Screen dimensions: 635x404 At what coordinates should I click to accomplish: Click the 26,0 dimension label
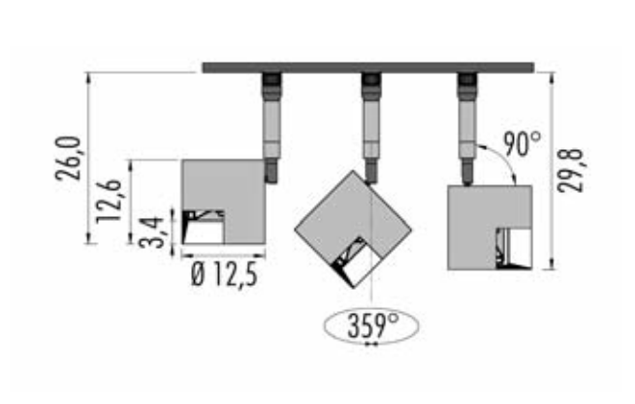69,158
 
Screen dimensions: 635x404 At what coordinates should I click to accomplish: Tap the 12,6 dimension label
110,201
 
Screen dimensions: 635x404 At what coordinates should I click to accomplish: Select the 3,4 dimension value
152,233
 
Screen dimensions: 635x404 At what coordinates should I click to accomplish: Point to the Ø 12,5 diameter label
224,275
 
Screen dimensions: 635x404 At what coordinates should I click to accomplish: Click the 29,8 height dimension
570,170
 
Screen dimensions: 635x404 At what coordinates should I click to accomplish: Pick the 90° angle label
522,143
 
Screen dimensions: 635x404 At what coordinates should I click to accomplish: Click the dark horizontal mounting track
368,68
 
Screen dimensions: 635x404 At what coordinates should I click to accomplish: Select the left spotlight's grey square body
243,186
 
